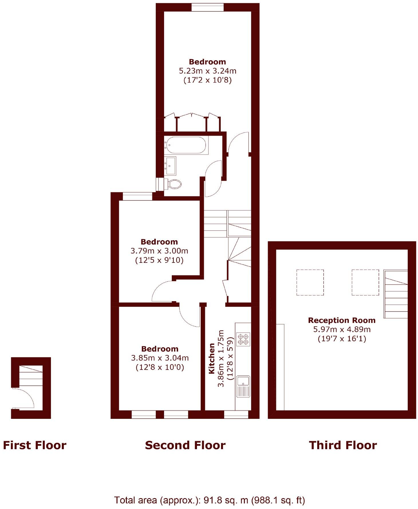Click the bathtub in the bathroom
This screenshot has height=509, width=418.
(x=186, y=145)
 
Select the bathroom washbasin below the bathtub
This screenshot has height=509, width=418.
(x=171, y=166)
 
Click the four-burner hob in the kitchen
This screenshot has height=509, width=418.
(x=243, y=339)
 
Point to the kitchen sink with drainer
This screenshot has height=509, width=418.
(x=243, y=386)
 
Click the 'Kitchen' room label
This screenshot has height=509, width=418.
(x=212, y=358)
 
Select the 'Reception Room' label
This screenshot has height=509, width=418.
(x=342, y=320)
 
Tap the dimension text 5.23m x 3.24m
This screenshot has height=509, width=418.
(x=208, y=70)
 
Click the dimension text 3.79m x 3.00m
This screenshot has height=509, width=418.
(x=159, y=251)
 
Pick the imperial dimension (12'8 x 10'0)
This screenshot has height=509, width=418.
(x=160, y=367)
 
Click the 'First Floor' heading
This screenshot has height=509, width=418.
(x=35, y=445)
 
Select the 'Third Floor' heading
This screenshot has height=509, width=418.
(x=343, y=445)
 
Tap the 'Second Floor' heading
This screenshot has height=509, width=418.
(x=185, y=445)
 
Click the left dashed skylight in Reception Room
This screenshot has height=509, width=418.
(x=310, y=282)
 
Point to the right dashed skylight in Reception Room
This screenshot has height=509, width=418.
(x=365, y=282)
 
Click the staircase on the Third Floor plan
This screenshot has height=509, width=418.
(x=396, y=294)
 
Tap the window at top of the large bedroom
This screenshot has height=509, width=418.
(x=207, y=7)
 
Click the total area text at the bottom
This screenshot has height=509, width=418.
(x=210, y=500)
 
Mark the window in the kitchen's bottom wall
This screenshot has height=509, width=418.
(x=236, y=414)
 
